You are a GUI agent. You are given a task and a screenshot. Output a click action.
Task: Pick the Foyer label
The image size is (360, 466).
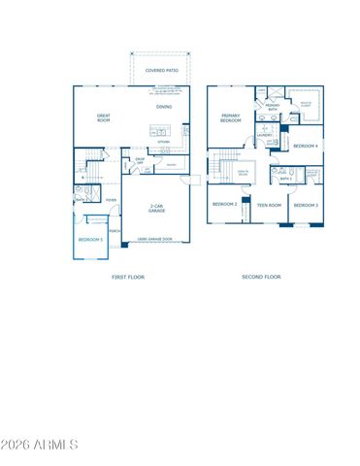tap(112, 199)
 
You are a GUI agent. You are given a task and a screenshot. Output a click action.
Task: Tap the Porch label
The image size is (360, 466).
tap(115, 230)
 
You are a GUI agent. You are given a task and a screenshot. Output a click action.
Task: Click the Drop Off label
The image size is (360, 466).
tap(140, 163)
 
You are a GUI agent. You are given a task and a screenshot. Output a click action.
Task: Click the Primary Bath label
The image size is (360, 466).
tap(273, 107)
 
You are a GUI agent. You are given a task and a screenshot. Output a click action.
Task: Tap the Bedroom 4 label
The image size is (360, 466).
tap(306, 146)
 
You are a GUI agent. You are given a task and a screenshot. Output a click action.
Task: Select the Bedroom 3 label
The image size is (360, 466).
tap(306, 205)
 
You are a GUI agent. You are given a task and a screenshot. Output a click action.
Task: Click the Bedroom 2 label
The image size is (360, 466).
tap(225, 204)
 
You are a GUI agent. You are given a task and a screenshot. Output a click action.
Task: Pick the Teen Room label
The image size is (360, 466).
tap(268, 205)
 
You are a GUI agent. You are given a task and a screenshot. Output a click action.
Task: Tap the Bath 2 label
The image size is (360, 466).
tap(286, 179)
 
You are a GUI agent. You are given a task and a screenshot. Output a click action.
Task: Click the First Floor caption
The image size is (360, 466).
tap(127, 277)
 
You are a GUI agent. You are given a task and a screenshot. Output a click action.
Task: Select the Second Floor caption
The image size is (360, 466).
tap(262, 277)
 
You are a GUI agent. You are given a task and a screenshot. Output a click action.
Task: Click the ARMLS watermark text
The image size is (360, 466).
tap(41, 445)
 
